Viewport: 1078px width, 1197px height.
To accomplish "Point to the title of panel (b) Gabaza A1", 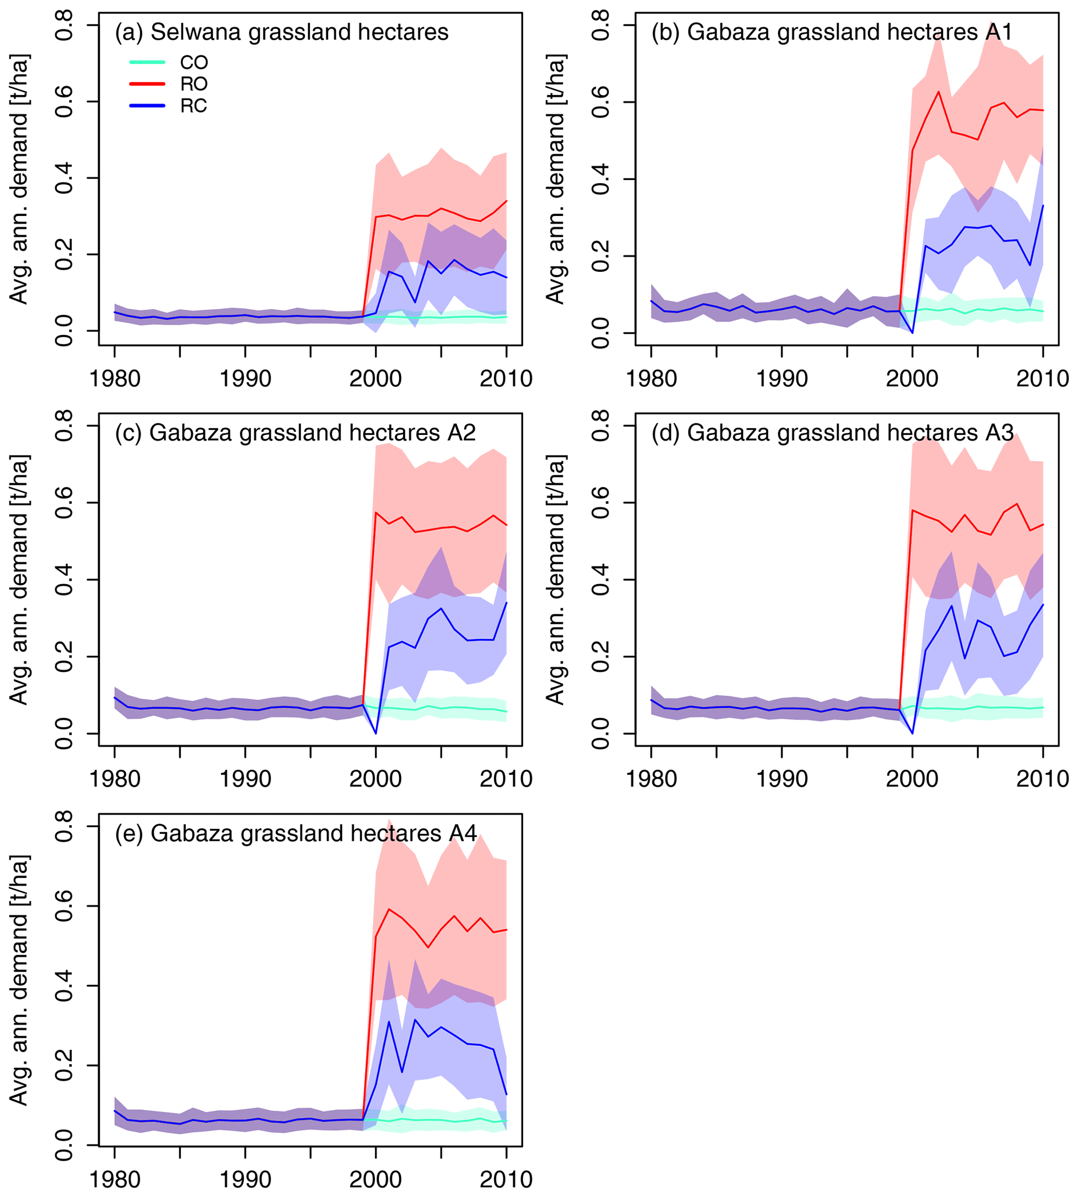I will pyautogui.click(x=832, y=32).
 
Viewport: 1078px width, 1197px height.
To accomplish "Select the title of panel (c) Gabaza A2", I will pyautogui.click(x=295, y=433).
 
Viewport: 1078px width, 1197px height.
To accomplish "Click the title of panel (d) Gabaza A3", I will pyautogui.click(x=833, y=433).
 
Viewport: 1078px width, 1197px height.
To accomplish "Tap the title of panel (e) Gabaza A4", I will pyautogui.click(x=296, y=833).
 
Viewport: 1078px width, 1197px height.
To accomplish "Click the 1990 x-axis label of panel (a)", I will pyautogui.click(x=245, y=378).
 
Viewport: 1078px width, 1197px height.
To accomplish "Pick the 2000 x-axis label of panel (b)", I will pyautogui.click(x=912, y=378).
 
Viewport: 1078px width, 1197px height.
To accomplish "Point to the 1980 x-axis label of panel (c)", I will pyautogui.click(x=115, y=778).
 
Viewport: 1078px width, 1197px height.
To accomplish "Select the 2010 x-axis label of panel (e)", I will pyautogui.click(x=506, y=1179).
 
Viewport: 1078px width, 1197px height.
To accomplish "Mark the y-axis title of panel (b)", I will pyautogui.click(x=555, y=179).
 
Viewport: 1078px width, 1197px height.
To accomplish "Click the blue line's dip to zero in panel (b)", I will pyautogui.click(x=912, y=333).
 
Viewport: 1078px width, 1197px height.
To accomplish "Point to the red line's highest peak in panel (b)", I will pyautogui.click(x=938, y=91).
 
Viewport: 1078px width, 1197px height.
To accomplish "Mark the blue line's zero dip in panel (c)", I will pyautogui.click(x=376, y=733).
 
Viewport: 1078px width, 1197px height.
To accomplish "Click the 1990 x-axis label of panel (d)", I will pyautogui.click(x=782, y=778).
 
